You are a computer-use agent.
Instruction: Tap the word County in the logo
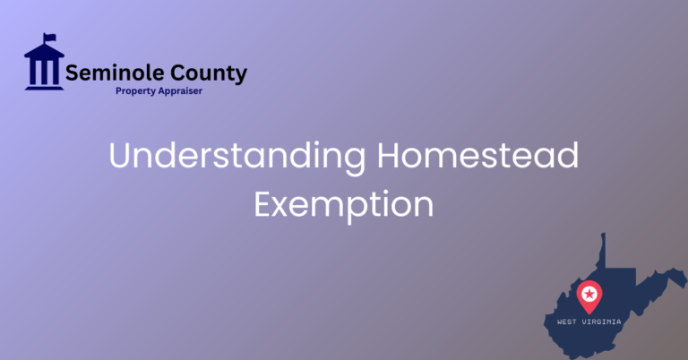(203, 73)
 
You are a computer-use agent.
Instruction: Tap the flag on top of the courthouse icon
(49, 38)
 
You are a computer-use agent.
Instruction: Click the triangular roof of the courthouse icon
(44, 50)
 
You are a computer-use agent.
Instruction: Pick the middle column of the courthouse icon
(44, 68)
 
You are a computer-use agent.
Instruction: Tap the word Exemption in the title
(343, 204)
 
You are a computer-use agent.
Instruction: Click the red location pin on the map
(589, 296)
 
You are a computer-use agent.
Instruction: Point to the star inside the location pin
(589, 293)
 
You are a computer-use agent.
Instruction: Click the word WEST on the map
(568, 321)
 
